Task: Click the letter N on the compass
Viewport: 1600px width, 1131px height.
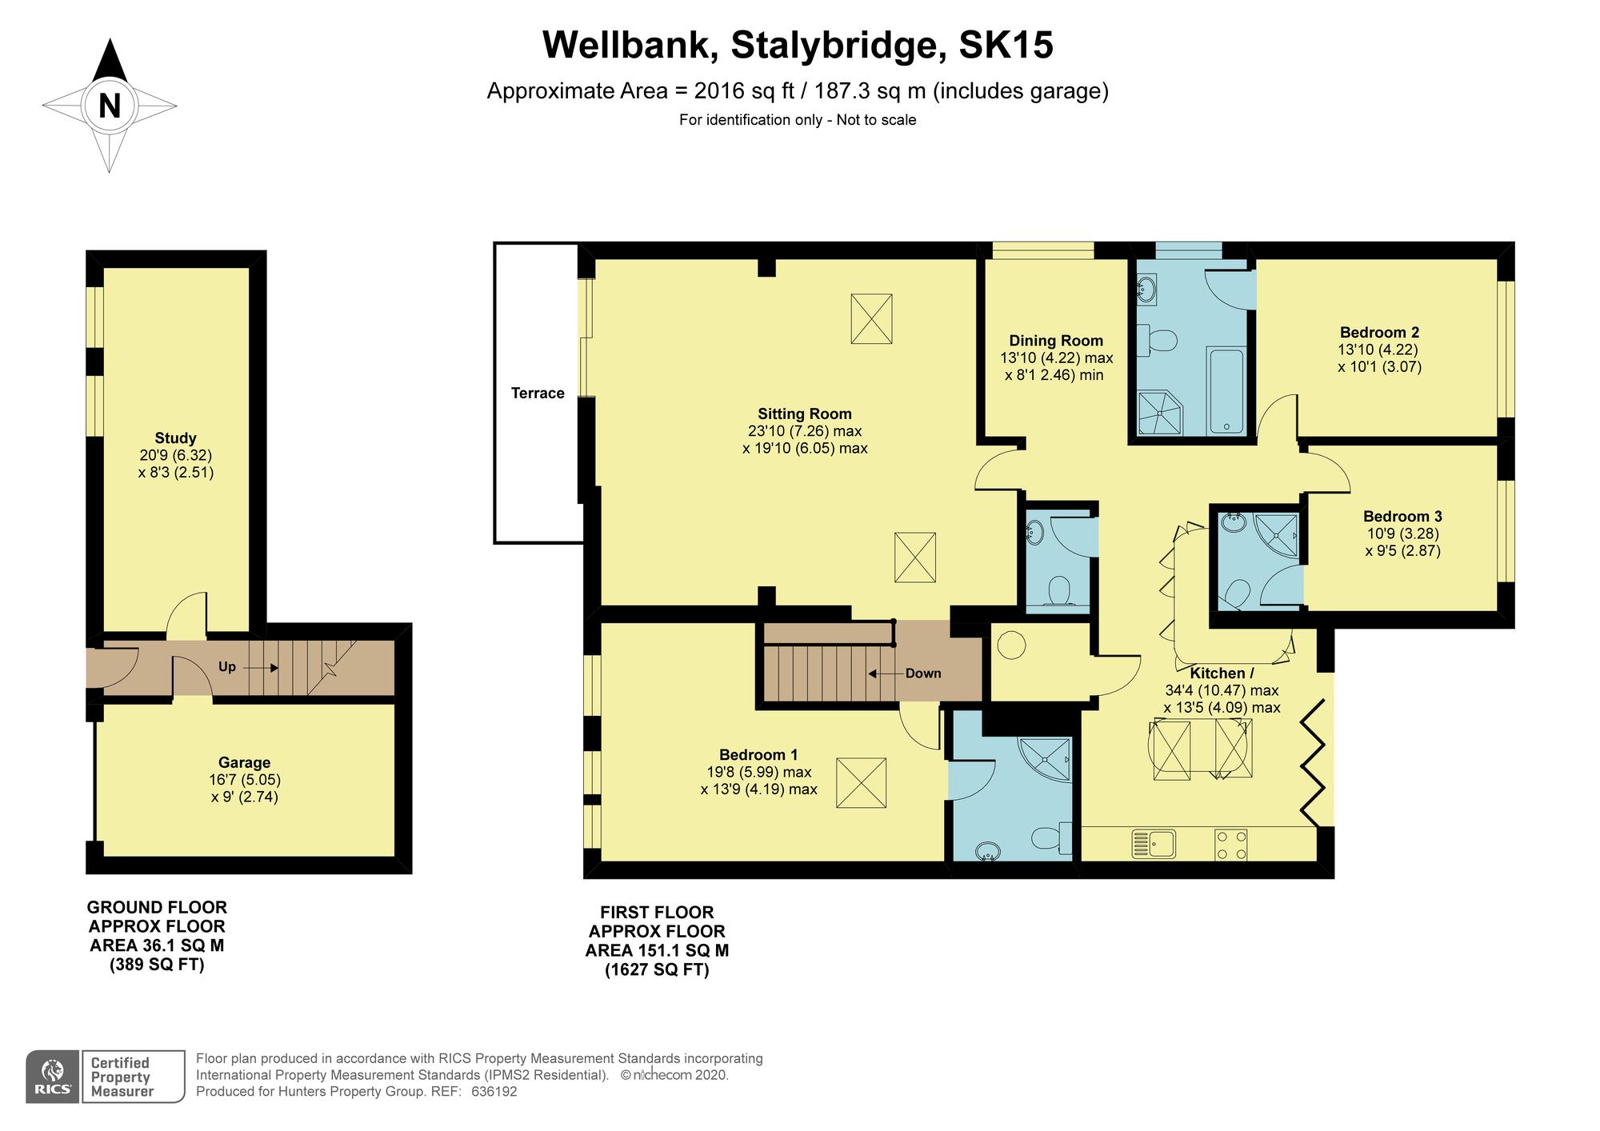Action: point(110,106)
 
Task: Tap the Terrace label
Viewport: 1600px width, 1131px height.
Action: point(538,393)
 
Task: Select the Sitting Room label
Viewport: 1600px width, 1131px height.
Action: point(805,414)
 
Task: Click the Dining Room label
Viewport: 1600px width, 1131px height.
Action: point(1056,341)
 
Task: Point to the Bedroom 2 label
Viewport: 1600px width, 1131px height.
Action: point(1380,332)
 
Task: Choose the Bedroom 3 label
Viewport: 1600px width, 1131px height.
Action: point(1402,516)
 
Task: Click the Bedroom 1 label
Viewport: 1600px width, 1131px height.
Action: point(758,754)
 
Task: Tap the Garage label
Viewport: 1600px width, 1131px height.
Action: point(245,762)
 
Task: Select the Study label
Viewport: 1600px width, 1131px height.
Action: point(175,438)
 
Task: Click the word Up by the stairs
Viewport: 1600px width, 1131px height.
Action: point(227,667)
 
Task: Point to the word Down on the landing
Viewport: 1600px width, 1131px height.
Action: point(923,673)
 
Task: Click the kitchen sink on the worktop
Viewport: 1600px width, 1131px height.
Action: point(1153,845)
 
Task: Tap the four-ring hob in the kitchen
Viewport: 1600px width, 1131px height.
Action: point(1231,845)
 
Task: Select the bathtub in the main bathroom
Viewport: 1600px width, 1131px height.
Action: point(1226,391)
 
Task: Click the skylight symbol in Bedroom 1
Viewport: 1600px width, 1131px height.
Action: point(862,783)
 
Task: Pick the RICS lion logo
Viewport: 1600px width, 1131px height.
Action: point(53,1077)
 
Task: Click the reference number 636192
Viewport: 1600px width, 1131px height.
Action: point(494,1092)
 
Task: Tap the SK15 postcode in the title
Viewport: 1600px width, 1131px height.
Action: point(1006,45)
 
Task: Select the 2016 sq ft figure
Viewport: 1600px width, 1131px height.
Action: point(744,91)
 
